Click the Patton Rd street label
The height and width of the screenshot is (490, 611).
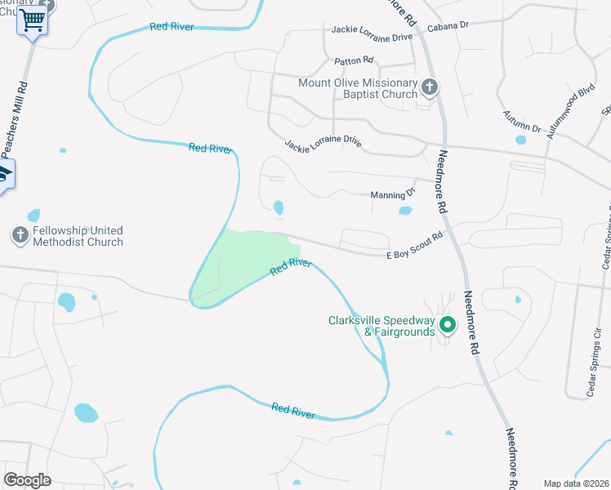(x=354, y=60)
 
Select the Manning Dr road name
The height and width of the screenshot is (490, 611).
(x=393, y=194)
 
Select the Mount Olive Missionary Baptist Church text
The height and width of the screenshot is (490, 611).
(x=358, y=89)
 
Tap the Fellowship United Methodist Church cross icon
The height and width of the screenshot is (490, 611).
(x=20, y=236)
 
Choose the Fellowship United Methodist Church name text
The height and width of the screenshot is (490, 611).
(x=78, y=236)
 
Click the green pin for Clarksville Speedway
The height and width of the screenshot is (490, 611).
(x=447, y=325)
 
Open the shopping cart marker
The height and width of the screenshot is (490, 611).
(x=32, y=20)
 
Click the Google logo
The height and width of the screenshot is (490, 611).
(x=28, y=480)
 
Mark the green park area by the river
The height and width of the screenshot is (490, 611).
(x=241, y=261)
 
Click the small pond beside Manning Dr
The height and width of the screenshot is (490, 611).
(x=405, y=211)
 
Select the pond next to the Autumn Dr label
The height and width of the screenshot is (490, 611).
(x=520, y=140)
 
